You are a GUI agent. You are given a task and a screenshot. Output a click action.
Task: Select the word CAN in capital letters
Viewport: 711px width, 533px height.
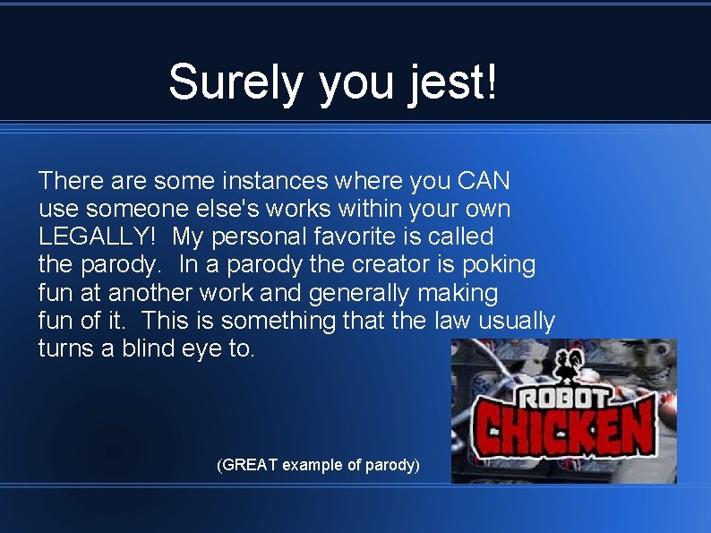tap(484, 181)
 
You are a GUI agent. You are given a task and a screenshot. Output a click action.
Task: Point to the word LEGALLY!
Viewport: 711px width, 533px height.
tap(99, 236)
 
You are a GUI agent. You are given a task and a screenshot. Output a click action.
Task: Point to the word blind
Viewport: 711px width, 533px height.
tap(160, 348)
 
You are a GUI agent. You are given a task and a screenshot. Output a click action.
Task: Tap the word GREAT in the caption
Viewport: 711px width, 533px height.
tap(248, 465)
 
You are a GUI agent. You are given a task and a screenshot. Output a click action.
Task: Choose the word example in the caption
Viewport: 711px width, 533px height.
tap(311, 465)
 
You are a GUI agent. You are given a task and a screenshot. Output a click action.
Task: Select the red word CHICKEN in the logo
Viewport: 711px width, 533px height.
tap(561, 433)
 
